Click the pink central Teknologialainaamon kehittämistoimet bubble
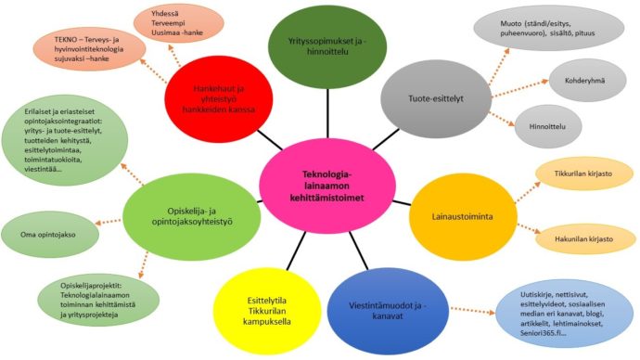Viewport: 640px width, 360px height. coord(327,186)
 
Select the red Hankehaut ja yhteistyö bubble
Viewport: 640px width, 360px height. coord(219,99)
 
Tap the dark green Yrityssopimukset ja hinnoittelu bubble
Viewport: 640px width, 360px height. coord(327,46)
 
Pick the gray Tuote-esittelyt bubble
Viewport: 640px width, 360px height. coord(436,98)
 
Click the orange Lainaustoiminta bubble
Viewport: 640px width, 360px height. coord(463,216)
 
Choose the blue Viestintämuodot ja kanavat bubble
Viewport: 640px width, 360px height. coord(388,311)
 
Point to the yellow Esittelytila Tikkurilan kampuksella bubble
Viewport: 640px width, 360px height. coord(267,311)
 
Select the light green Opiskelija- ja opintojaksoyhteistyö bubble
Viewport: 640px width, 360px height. coord(191,217)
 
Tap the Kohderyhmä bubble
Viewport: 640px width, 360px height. coord(587,81)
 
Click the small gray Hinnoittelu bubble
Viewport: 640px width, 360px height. coord(547,126)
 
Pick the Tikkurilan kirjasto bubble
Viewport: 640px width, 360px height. coord(583,174)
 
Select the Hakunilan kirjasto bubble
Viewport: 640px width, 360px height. coord(583,239)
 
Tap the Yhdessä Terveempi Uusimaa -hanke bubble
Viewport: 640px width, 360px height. coord(179,23)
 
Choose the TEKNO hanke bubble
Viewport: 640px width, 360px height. coord(89,49)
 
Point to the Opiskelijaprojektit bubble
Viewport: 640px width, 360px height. coord(98,300)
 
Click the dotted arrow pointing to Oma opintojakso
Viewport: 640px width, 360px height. coord(109,222)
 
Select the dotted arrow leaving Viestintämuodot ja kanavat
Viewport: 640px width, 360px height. coord(473,311)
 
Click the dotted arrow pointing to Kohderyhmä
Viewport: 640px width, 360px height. coord(520,88)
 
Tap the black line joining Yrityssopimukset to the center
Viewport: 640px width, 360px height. coord(327,114)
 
